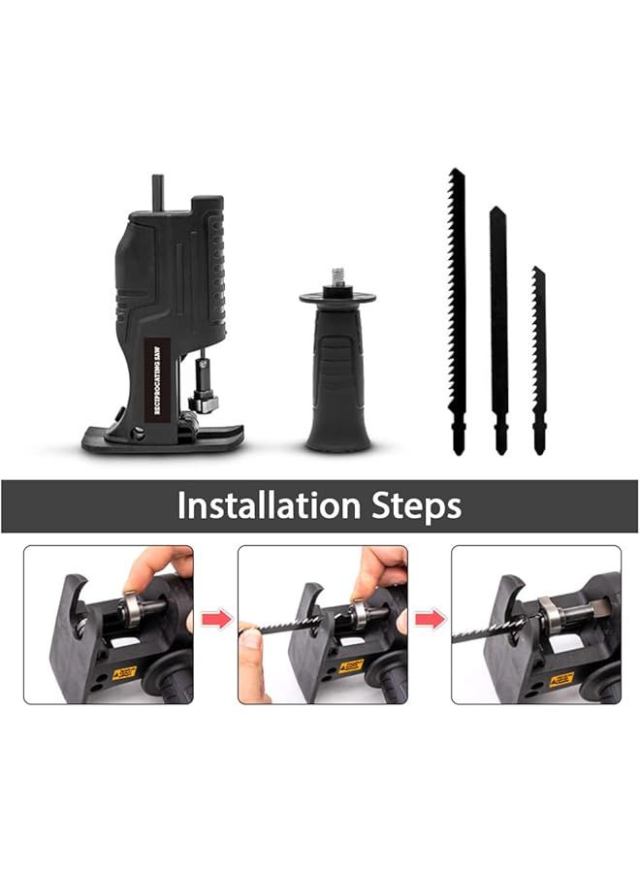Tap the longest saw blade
[457, 301]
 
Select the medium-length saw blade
[498, 320]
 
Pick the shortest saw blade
[538, 359]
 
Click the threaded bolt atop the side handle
[339, 277]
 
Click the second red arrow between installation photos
[430, 619]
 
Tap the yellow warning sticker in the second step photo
[350, 666]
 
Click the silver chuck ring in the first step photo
[129, 609]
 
